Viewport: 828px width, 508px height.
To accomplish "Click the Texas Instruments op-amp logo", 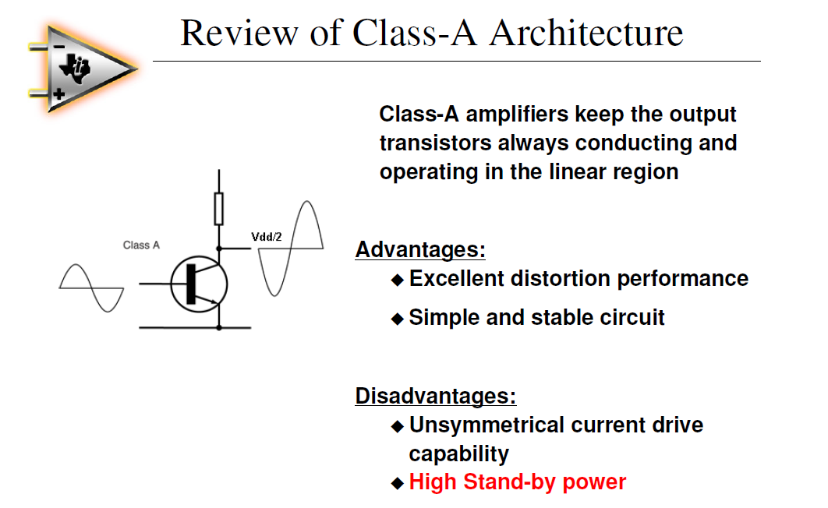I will pyautogui.click(x=79, y=69).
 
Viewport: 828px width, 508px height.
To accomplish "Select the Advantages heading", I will pyautogui.click(x=420, y=250).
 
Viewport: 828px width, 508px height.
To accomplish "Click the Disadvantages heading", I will pyautogui.click(x=435, y=396).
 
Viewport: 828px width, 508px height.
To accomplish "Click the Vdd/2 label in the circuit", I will pyautogui.click(x=267, y=237).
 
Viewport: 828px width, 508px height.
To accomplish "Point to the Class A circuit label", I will pyautogui.click(x=141, y=245).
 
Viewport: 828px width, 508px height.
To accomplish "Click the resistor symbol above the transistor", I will pyautogui.click(x=219, y=208).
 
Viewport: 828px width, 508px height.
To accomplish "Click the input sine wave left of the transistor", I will pyautogui.click(x=91, y=288).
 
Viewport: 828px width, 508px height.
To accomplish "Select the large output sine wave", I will pyautogui.click(x=290, y=249).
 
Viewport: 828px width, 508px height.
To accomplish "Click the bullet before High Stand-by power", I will pyautogui.click(x=398, y=483).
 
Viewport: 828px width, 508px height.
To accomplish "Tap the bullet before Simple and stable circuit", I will pyautogui.click(x=398, y=318).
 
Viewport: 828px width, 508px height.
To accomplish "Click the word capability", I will pyautogui.click(x=458, y=453).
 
